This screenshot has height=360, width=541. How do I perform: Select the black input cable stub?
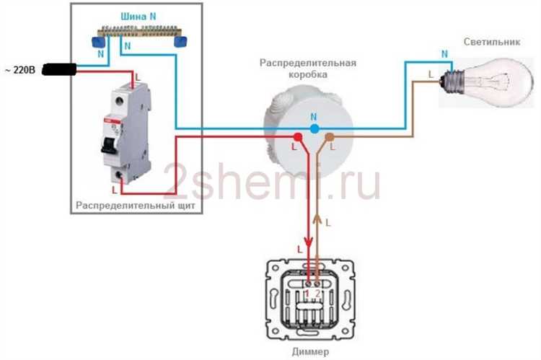(60, 70)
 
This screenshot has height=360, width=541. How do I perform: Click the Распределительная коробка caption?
(308, 69)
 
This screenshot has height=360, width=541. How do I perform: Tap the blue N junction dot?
(314, 128)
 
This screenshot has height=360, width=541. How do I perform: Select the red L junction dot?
(296, 136)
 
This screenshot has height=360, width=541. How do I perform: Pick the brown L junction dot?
(330, 136)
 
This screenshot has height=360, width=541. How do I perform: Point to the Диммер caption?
(312, 351)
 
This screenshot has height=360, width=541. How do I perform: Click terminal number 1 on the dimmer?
(307, 294)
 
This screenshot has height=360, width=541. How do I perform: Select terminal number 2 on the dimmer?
(317, 294)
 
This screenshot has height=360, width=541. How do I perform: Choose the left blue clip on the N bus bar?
(97, 43)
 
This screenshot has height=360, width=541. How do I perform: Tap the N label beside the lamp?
(444, 54)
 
